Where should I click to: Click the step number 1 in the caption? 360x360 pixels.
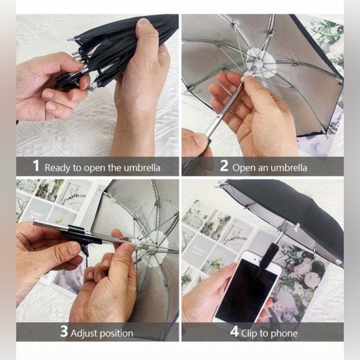(x=35, y=166)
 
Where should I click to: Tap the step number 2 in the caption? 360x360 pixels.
(x=224, y=166)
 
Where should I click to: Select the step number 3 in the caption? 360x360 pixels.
(x=63, y=331)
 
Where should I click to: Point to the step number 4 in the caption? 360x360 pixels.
(x=234, y=331)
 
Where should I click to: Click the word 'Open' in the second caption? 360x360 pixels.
(x=244, y=167)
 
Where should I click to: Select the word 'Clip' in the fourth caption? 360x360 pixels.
(x=253, y=332)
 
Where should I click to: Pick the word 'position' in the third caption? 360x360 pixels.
(x=117, y=333)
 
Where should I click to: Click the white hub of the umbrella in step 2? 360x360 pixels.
(x=260, y=63)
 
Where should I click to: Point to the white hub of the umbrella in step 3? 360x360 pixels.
(x=155, y=239)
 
